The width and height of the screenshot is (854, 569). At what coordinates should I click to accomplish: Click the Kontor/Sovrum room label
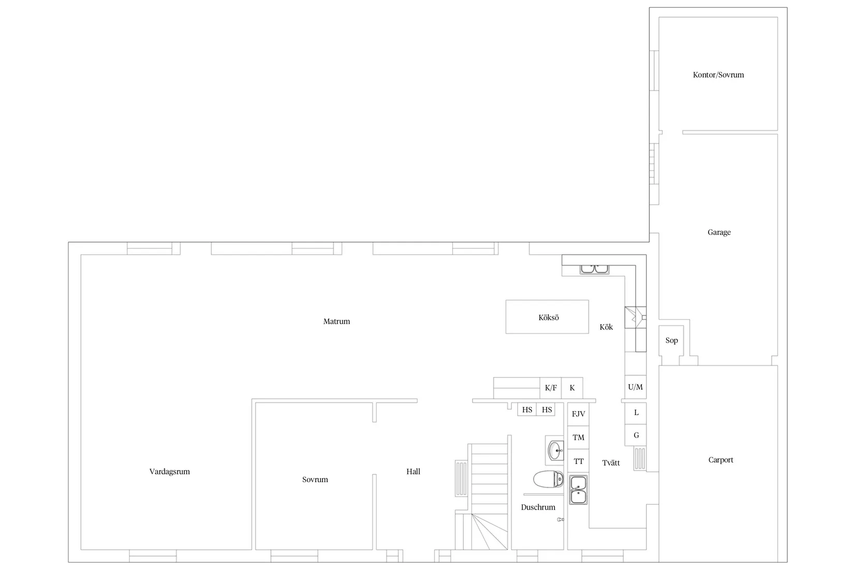(718, 74)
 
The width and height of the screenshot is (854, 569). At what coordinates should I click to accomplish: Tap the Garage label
(719, 232)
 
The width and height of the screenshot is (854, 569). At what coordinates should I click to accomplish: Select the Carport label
(720, 460)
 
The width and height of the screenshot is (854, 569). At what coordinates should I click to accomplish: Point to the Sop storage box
(671, 340)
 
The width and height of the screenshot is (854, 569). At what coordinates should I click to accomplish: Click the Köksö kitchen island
(547, 317)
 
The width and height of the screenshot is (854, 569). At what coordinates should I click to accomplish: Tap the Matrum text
(336, 321)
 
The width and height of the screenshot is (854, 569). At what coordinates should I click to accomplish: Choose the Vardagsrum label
(170, 471)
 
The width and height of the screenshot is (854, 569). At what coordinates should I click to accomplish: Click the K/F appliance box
(551, 388)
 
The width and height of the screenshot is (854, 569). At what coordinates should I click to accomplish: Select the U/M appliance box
(635, 387)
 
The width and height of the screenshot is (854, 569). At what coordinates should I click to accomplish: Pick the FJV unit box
(578, 414)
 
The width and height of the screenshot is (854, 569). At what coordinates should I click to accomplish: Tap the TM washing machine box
(578, 438)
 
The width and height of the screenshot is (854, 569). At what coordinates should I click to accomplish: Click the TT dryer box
(578, 461)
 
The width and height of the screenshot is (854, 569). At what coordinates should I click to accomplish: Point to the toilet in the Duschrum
(549, 479)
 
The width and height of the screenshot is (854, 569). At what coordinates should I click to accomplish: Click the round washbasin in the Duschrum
(555, 451)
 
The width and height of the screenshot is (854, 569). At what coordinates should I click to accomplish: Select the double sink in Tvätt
(578, 490)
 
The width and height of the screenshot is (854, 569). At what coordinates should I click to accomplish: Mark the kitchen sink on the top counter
(594, 269)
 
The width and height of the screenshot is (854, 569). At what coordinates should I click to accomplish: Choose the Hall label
(413, 471)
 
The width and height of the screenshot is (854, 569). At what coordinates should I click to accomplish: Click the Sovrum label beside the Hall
(315, 480)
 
